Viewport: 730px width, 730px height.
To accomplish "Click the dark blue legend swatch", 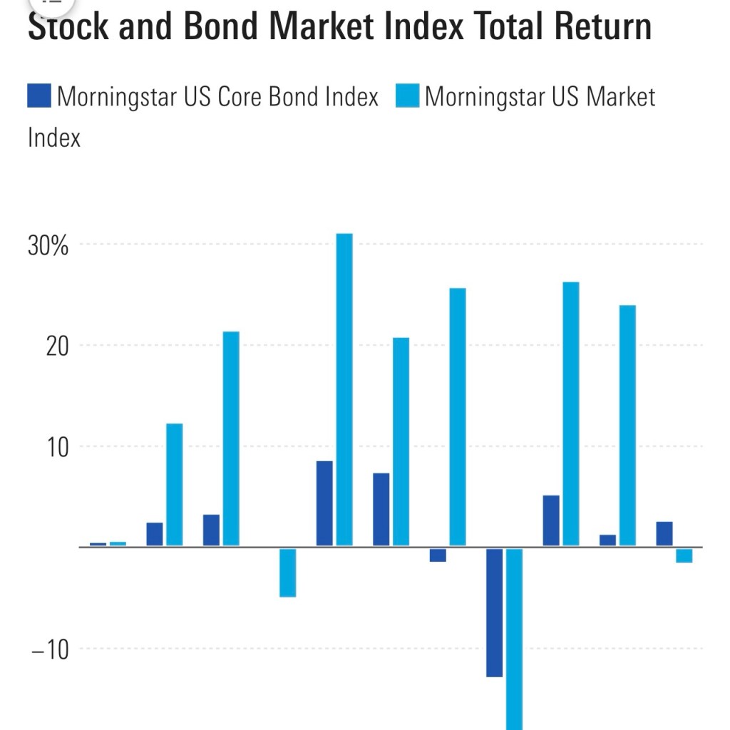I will (39, 96).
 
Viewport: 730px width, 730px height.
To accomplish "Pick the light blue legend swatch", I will (407, 96).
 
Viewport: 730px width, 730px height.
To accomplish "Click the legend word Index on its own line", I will (54, 137).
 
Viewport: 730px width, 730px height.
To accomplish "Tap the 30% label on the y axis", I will (48, 246).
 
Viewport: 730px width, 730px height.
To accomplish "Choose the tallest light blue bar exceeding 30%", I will (344, 389).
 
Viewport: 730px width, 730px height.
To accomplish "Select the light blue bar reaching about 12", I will (174, 485).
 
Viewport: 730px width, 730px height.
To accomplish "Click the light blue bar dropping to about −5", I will (287, 572).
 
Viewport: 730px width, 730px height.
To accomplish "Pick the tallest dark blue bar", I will (324, 503).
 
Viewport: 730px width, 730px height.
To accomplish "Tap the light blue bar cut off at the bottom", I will (514, 638).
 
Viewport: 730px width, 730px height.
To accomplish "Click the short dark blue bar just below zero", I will (438, 555).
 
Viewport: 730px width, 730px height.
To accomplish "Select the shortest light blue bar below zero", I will (684, 555).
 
